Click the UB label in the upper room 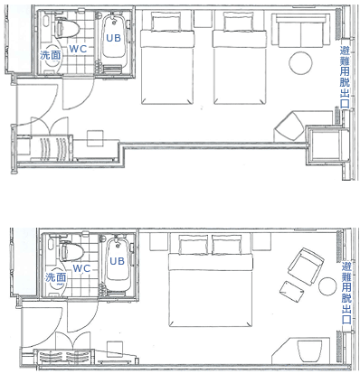113,38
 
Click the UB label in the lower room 117,261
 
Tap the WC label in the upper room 78,49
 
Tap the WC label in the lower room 81,268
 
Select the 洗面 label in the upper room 51,55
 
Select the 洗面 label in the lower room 55,277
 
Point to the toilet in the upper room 67,28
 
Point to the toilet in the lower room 71,250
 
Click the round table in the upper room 300,63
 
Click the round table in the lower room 327,286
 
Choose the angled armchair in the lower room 306,266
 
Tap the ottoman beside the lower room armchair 291,292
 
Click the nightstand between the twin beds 204,19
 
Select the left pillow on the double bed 194,245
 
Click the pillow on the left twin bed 166,21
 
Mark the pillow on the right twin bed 239,21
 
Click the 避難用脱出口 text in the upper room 345,77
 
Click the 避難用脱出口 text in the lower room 346,293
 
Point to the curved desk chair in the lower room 309,351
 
